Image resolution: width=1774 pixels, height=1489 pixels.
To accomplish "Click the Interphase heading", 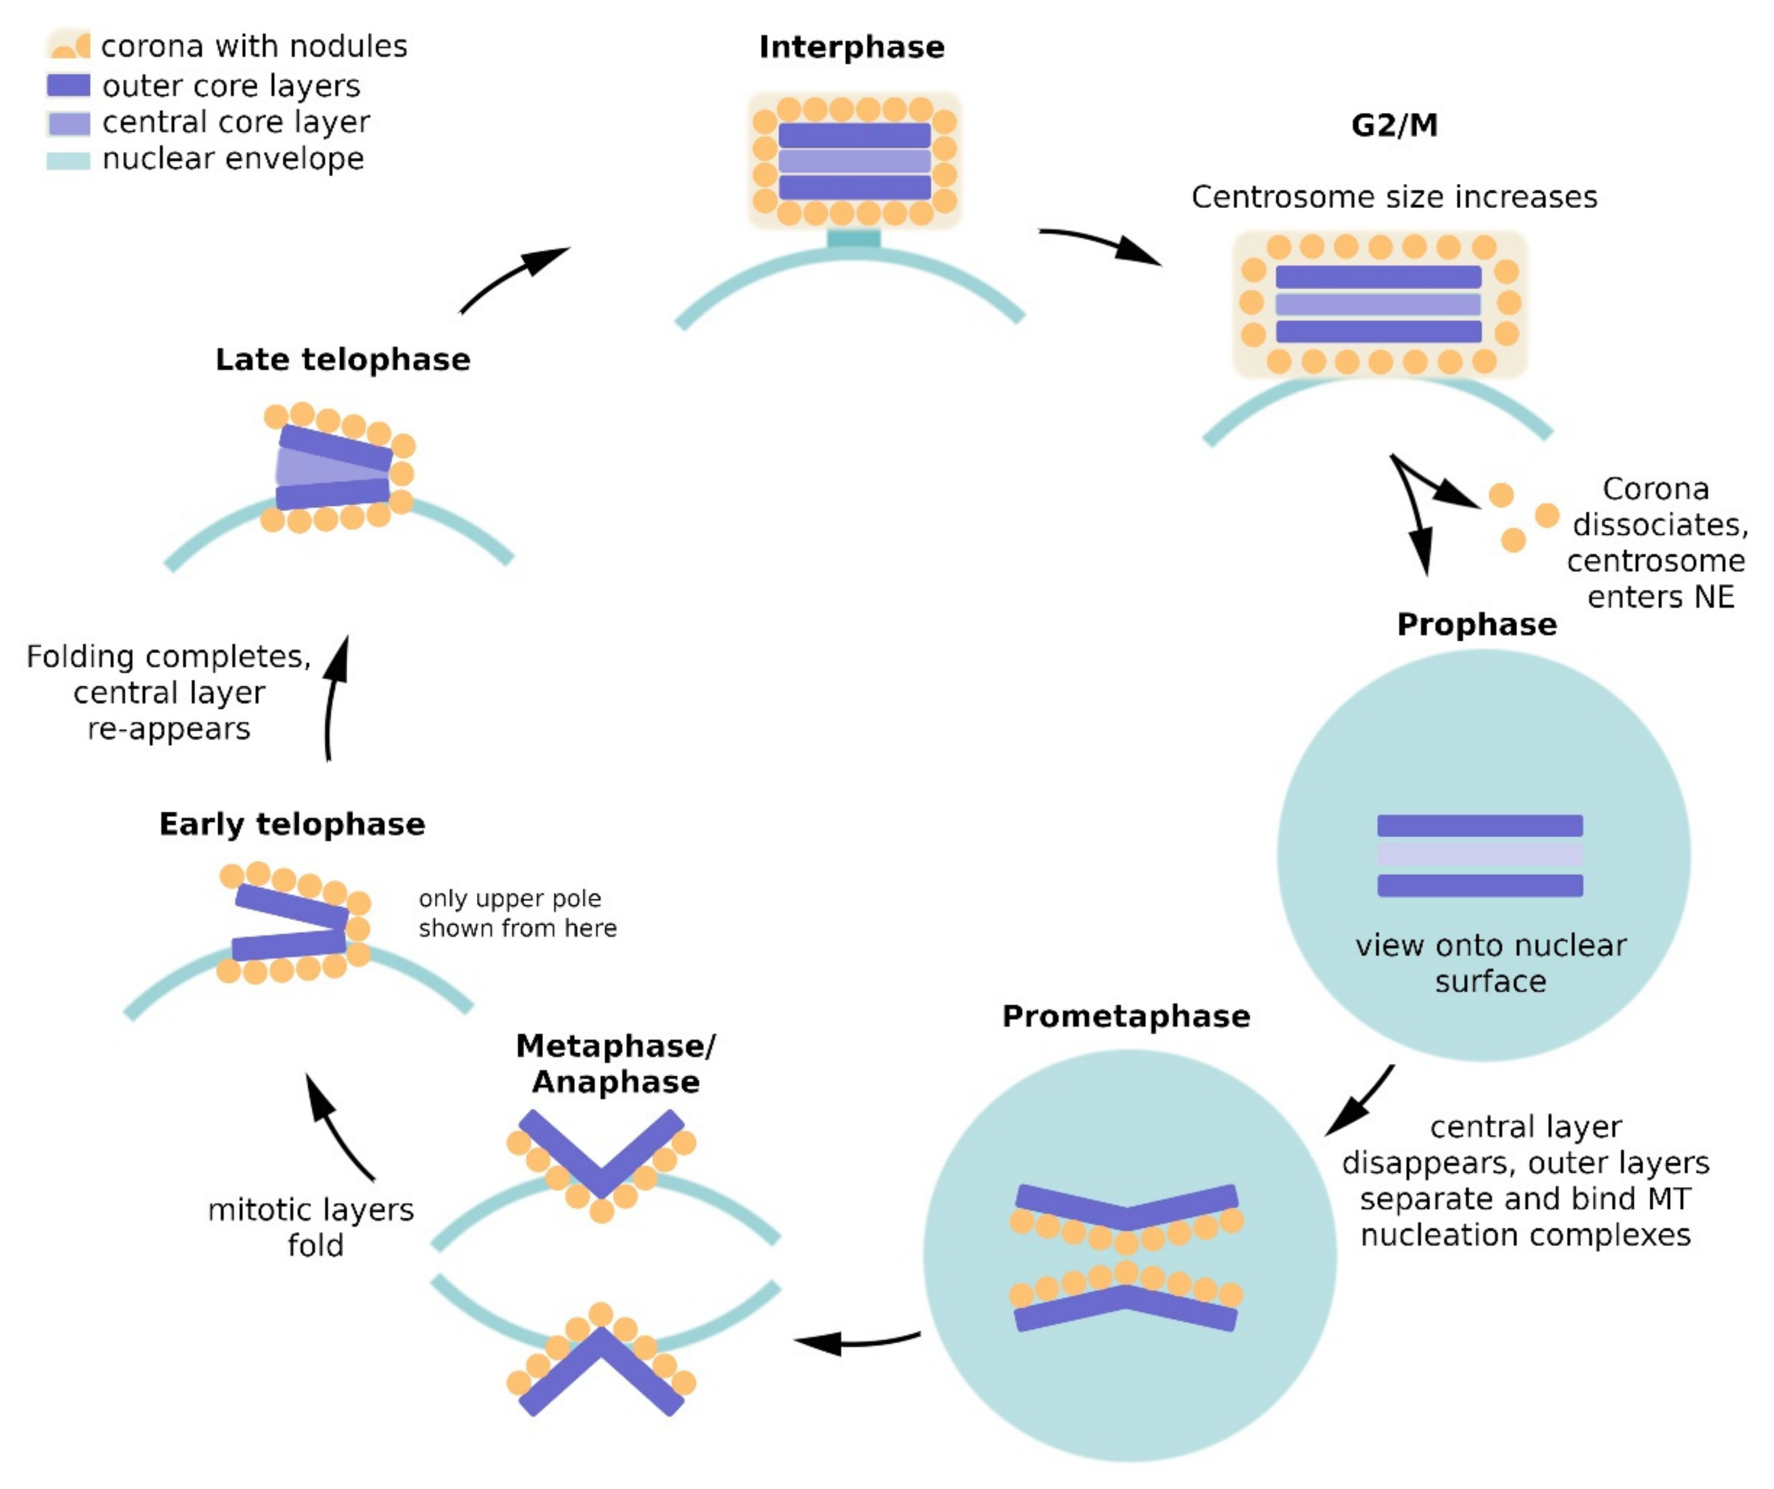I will [x=851, y=47].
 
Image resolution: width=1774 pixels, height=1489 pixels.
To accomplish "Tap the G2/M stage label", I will [x=1394, y=125].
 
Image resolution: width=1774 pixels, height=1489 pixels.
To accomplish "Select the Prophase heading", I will [x=1476, y=625].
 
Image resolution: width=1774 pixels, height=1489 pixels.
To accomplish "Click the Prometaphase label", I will [x=1125, y=1016].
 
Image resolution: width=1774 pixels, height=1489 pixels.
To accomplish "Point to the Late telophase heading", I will [x=342, y=360].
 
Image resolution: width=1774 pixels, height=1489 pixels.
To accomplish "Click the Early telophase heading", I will [x=291, y=824].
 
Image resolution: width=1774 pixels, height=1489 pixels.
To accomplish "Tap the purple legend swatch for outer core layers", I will [x=69, y=85].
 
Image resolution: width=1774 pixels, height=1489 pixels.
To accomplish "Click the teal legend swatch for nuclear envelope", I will [x=69, y=160].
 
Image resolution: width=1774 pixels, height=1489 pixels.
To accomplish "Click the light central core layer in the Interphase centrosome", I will [x=854, y=161].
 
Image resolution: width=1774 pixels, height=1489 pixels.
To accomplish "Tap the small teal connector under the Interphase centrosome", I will [x=853, y=239].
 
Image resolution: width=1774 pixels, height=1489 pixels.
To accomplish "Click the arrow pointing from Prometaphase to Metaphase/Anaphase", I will [x=853, y=1340].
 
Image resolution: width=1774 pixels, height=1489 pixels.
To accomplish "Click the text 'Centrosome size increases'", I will [x=1394, y=197].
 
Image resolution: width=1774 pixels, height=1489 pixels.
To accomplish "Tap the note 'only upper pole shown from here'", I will [x=517, y=913].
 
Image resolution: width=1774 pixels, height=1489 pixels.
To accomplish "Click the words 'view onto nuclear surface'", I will [x=1490, y=963].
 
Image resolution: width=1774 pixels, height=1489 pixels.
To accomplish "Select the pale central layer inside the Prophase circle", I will [x=1479, y=855].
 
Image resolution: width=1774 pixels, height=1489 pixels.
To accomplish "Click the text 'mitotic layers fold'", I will [x=311, y=1227].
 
